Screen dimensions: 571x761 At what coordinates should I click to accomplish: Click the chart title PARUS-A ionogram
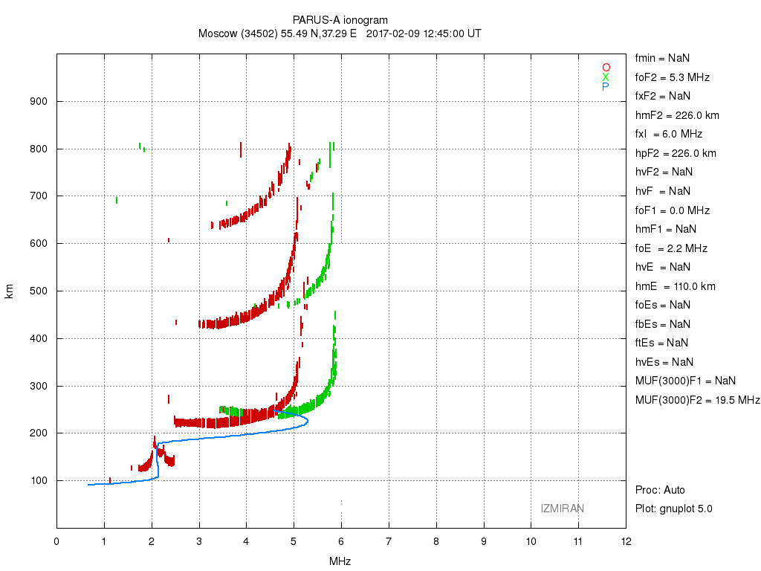(x=340, y=20)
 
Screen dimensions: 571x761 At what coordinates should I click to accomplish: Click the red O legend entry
(x=606, y=68)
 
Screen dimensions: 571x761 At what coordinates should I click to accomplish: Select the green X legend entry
(x=606, y=77)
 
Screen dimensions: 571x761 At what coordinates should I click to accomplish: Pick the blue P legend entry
(x=606, y=87)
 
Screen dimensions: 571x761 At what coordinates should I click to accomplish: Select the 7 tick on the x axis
(x=389, y=541)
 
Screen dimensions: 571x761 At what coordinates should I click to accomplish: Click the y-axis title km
(x=10, y=291)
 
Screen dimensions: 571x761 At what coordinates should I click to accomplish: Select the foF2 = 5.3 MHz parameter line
(x=672, y=77)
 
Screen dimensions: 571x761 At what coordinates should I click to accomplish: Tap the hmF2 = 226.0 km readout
(x=677, y=115)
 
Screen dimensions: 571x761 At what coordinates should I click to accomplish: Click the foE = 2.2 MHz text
(x=671, y=248)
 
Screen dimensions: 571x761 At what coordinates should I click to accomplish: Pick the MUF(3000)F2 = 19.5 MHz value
(x=697, y=400)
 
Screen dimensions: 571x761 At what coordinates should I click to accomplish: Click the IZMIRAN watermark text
(x=562, y=509)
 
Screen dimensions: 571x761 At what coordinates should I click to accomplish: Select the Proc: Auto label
(x=660, y=490)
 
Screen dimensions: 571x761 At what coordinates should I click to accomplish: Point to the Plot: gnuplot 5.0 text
(x=673, y=509)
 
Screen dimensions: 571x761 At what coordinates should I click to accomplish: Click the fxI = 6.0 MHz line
(x=669, y=135)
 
